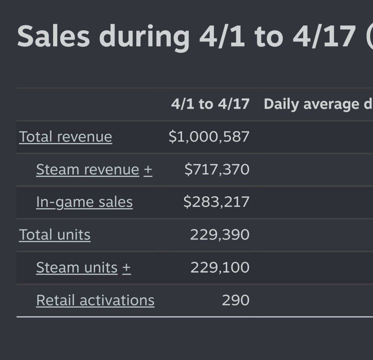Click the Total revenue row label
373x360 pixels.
click(x=66, y=137)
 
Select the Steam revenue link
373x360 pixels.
click(x=88, y=169)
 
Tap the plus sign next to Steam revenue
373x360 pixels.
click(x=148, y=170)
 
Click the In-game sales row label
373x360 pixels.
click(x=84, y=202)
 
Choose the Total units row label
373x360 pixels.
click(x=55, y=234)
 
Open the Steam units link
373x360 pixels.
click(x=77, y=267)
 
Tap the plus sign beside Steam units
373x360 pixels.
click(x=127, y=268)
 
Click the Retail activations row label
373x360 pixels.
click(x=95, y=300)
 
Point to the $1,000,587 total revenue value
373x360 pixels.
click(x=209, y=137)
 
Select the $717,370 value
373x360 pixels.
click(x=217, y=169)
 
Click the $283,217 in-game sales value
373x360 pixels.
click(x=216, y=202)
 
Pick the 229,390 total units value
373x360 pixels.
click(x=220, y=235)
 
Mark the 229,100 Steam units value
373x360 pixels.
click(x=220, y=267)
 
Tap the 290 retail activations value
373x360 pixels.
click(x=236, y=300)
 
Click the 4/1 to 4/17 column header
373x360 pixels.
click(x=210, y=104)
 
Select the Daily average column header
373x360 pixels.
click(x=311, y=104)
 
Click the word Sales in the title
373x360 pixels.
click(x=53, y=36)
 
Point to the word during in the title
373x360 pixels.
click(x=144, y=38)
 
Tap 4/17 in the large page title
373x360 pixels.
click(x=324, y=36)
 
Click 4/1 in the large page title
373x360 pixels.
click(x=222, y=36)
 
